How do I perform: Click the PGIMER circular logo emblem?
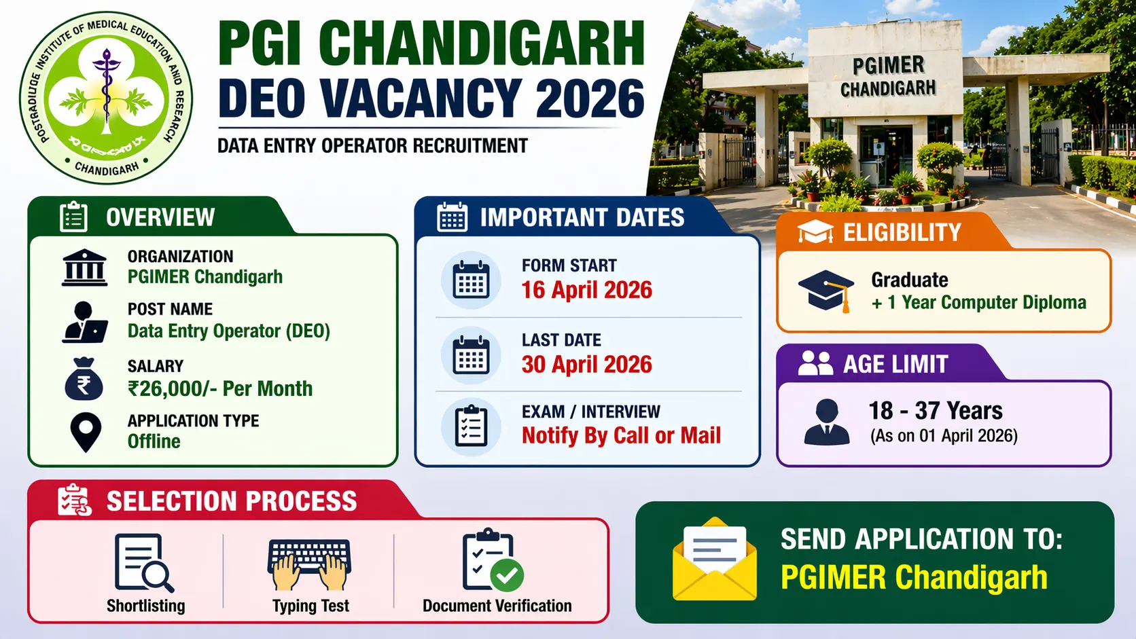coord(106,98)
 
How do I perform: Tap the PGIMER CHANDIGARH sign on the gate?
coord(887,77)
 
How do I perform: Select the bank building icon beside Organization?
coord(84,268)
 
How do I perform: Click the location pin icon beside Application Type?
coord(86,432)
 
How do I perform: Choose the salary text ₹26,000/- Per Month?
coord(220,388)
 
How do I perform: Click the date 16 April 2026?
coord(586,290)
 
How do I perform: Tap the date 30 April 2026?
coord(586,365)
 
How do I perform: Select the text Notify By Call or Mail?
coord(621,435)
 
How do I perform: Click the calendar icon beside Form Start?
coord(471,280)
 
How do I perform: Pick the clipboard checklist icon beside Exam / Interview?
coord(471,426)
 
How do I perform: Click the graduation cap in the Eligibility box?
coord(826,291)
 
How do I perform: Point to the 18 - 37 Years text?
coord(936,411)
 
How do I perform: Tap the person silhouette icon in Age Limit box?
coord(826,422)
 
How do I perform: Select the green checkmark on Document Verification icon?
coord(507,575)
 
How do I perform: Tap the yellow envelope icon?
coord(715,560)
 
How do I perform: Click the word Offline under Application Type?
coord(154,441)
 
